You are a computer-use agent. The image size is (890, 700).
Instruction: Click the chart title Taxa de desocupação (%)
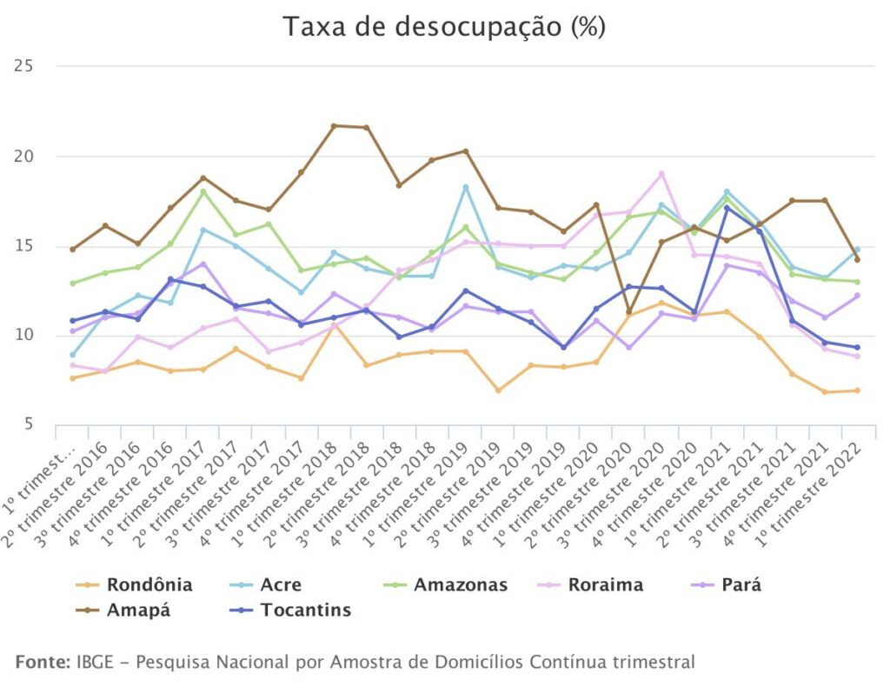(443, 27)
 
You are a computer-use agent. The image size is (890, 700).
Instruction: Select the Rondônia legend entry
(148, 584)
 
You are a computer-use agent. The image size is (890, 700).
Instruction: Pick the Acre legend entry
(281, 584)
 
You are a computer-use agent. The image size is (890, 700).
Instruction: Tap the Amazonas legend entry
(460, 584)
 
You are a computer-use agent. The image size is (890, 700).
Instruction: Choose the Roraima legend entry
(605, 584)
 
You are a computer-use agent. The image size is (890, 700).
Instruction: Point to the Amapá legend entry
(137, 610)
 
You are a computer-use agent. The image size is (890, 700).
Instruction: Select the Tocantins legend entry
(305, 610)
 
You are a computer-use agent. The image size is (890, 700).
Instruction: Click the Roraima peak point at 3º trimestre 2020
(661, 174)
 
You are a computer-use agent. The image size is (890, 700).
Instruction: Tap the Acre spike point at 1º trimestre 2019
(466, 187)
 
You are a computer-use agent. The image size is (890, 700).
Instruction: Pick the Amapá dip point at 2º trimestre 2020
(628, 312)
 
